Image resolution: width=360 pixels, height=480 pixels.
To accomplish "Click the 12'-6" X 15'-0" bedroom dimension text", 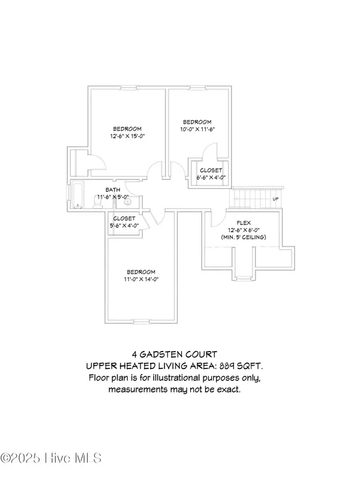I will (x=127, y=137).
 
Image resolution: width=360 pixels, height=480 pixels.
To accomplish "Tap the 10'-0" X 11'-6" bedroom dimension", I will (x=197, y=129).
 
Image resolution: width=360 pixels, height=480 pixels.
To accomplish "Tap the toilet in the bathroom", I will (x=98, y=204).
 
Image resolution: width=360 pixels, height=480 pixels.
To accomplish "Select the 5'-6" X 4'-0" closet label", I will (x=125, y=226).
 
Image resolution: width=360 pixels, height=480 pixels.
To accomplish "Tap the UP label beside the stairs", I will (x=275, y=199).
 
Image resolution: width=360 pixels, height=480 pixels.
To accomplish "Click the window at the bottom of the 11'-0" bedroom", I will (x=142, y=319).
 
